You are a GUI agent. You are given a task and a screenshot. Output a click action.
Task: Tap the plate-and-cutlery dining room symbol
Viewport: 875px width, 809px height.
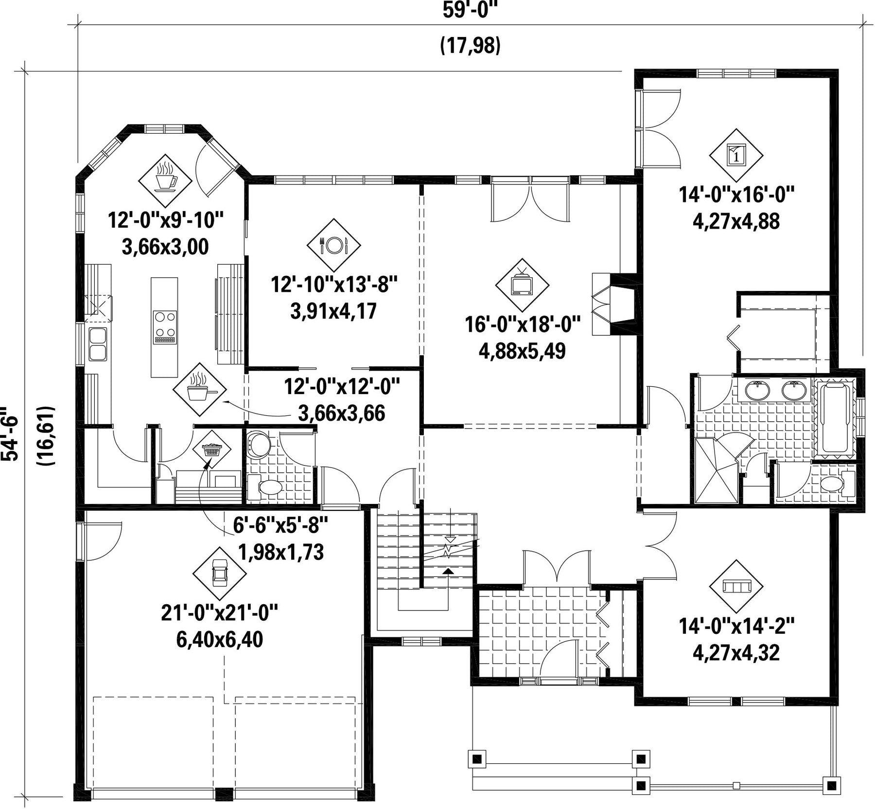tap(334, 245)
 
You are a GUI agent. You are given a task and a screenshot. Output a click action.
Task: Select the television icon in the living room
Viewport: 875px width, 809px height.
tap(522, 285)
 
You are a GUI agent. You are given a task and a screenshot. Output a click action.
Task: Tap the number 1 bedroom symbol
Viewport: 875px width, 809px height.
tap(736, 156)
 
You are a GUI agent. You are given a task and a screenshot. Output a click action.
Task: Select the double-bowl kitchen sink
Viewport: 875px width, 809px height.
tap(98, 344)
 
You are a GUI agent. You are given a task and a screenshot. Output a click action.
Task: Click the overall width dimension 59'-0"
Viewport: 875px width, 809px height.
tap(471, 11)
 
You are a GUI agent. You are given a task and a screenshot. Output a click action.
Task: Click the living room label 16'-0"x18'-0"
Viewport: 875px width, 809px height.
tap(523, 324)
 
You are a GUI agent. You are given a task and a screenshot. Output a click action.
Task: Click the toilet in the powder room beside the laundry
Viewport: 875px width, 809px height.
tap(265, 486)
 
